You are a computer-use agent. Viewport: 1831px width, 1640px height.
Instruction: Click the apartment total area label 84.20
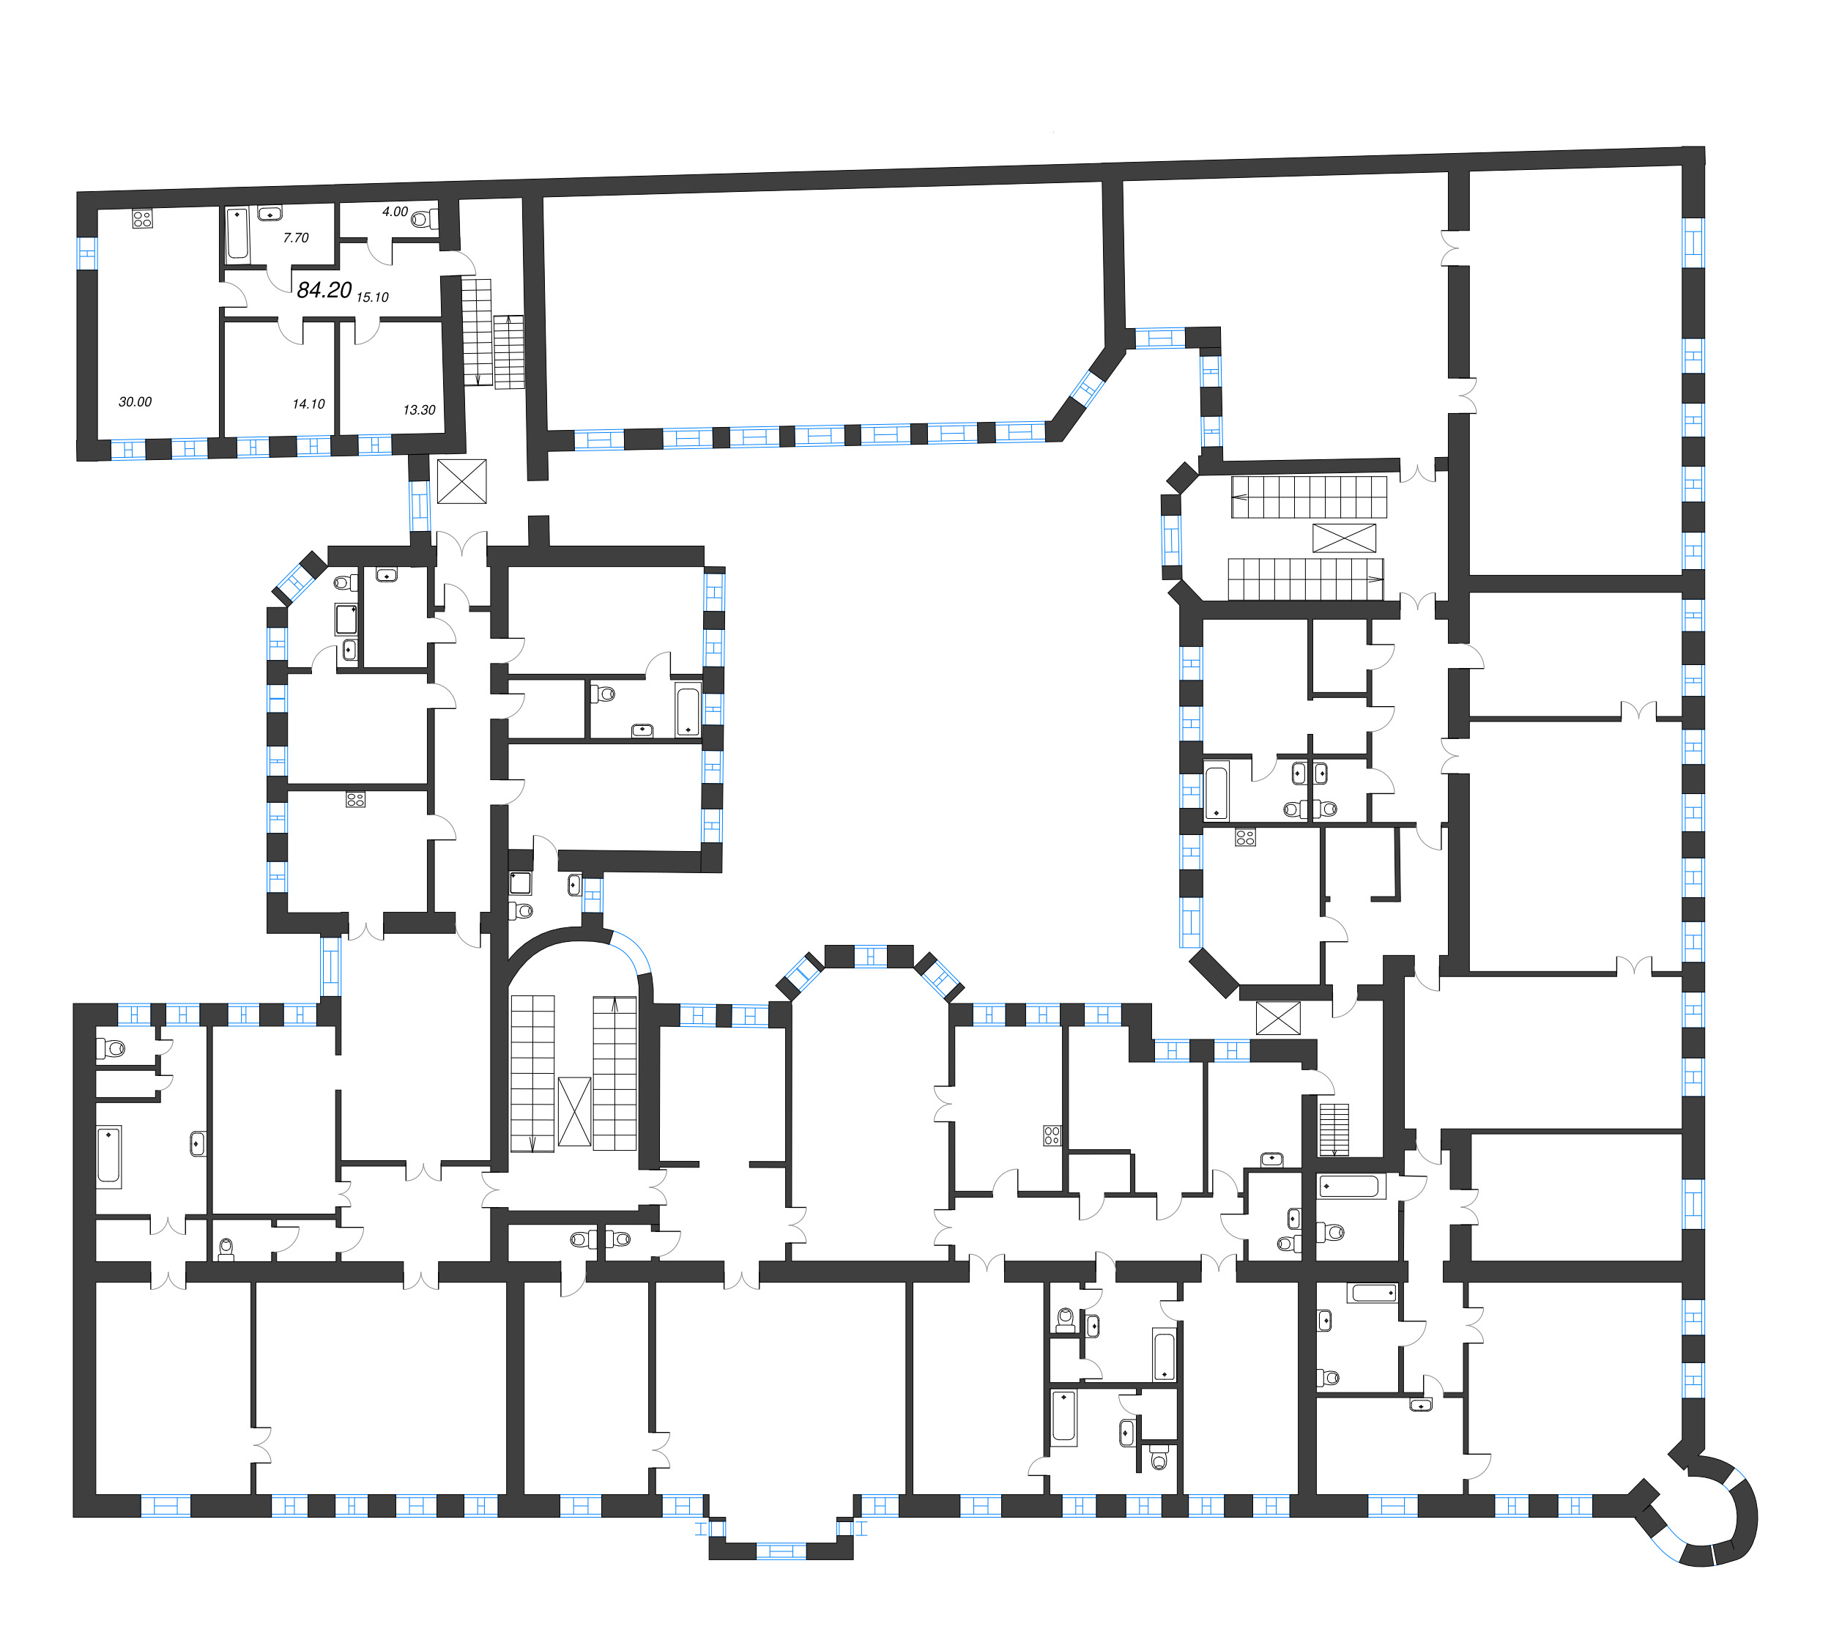324,289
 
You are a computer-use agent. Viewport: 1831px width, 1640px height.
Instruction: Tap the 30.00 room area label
135,402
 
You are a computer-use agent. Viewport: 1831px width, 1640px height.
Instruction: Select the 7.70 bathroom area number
296,238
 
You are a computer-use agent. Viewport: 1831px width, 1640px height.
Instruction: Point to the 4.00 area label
395,212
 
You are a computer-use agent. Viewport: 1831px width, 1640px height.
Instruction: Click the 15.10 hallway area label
372,297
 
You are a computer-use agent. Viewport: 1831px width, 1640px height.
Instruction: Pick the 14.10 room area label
308,404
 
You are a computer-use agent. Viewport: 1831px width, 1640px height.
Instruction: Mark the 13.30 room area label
419,410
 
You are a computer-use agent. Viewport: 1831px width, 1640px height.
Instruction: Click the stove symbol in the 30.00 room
142,218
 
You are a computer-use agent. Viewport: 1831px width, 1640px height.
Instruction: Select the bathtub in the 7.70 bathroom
238,234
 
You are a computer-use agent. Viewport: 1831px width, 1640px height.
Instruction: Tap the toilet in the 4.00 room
426,219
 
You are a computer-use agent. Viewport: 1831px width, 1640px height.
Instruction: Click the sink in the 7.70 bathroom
270,214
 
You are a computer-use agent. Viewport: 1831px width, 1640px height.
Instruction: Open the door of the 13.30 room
367,330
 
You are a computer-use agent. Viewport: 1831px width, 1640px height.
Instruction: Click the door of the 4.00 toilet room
379,251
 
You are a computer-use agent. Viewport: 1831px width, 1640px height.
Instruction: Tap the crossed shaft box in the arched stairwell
574,1111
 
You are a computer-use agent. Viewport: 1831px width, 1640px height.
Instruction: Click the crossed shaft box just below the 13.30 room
461,481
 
